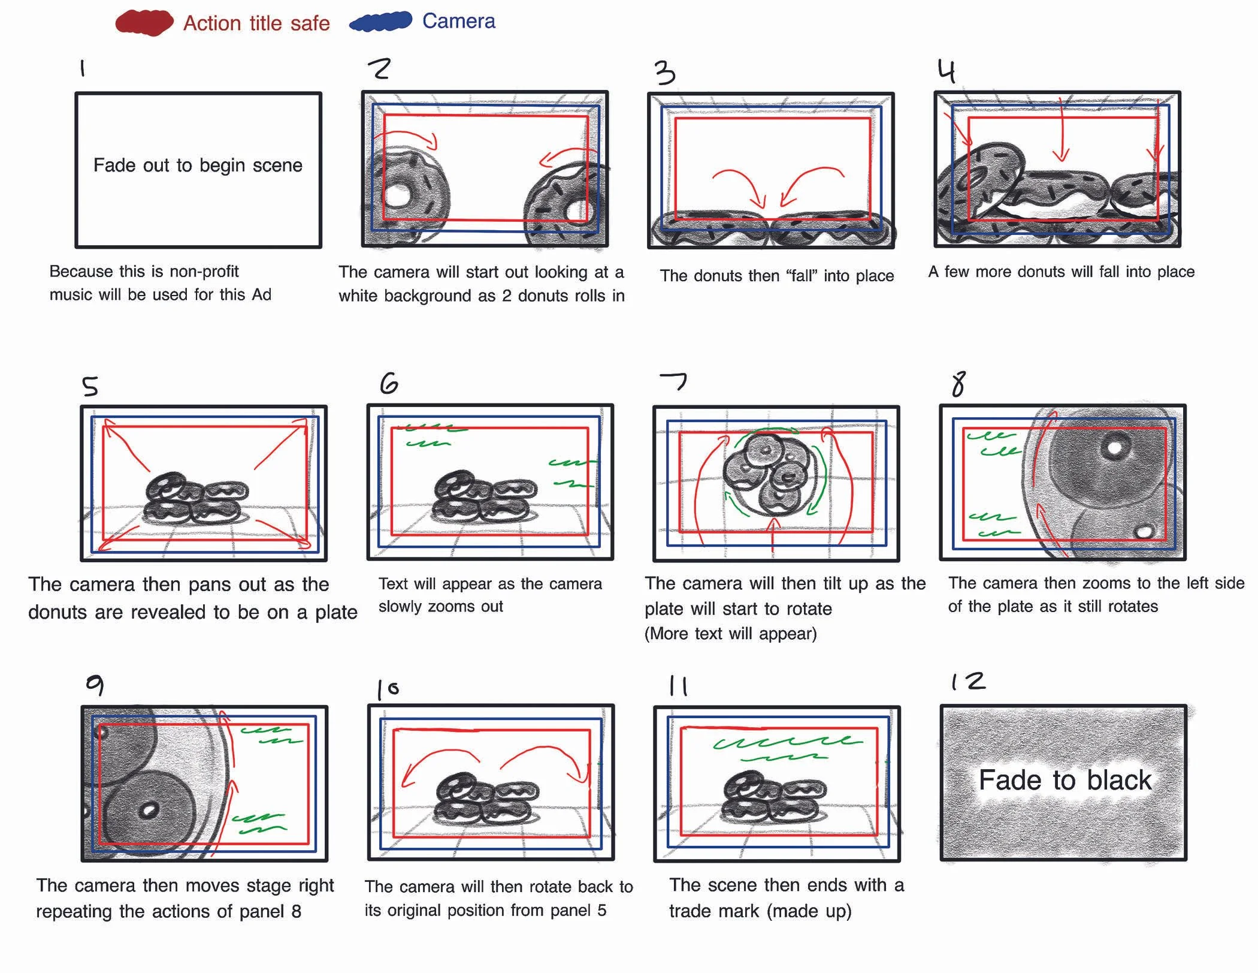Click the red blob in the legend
coord(144,22)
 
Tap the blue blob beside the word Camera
coord(381,22)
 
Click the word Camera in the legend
coord(459,21)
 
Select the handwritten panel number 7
coord(673,381)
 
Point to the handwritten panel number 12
coord(968,681)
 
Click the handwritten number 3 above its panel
coord(664,73)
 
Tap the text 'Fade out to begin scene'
coord(198,165)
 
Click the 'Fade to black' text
coord(1065,780)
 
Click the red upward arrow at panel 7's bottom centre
coord(773,534)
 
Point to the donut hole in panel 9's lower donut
coord(148,811)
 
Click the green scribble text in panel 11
coord(787,747)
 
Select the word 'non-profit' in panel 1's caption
coord(204,272)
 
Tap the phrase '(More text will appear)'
coord(730,634)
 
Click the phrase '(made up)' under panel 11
coord(809,911)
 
